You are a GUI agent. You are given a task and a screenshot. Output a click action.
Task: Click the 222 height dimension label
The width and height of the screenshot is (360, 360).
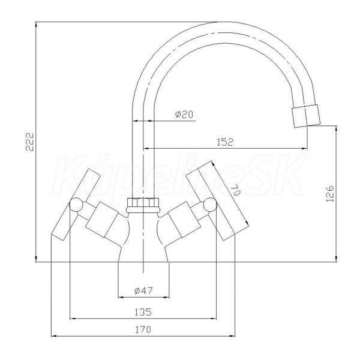tap(29, 142)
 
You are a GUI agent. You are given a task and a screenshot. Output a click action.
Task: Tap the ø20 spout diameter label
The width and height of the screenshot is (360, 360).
tap(184, 114)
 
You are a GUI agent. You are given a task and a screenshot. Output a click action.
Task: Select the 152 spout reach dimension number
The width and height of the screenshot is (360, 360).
tap(225, 142)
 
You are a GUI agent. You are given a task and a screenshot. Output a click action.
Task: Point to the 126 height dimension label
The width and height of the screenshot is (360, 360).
tap(330, 194)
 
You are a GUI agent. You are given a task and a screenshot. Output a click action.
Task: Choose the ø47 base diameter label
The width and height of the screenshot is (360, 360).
tap(143, 290)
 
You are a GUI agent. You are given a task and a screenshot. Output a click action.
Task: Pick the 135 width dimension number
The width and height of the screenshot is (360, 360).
tap(143, 312)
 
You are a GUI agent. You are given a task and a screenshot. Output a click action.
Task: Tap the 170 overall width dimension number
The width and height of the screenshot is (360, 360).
tap(143, 329)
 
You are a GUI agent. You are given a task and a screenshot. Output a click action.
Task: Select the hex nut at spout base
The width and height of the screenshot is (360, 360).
tap(143, 205)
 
